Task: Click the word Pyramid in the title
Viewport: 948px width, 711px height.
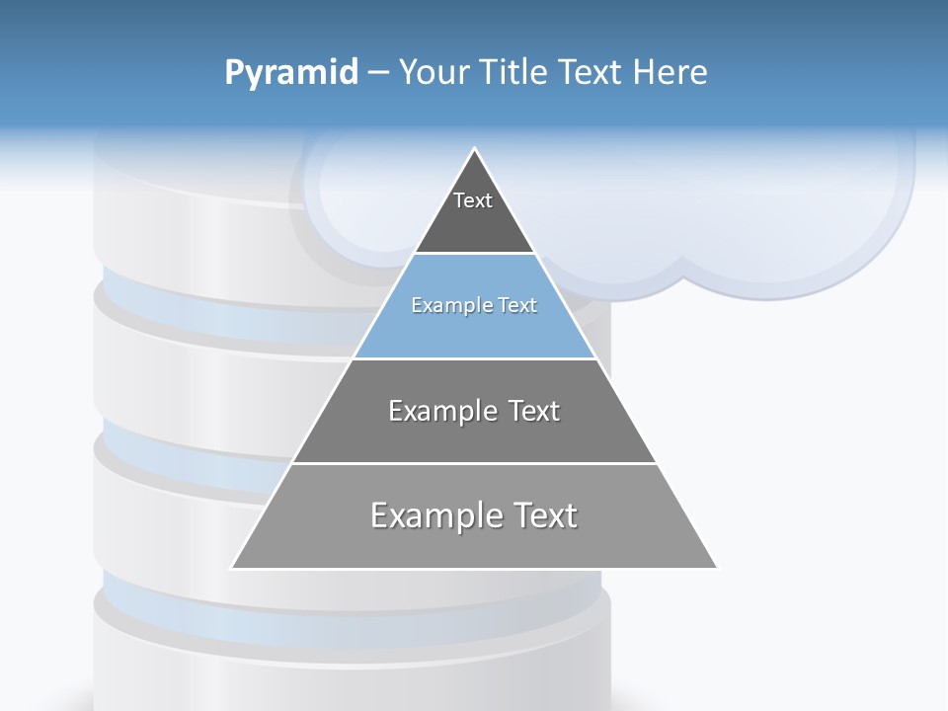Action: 290,73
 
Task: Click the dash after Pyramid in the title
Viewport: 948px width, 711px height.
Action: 377,73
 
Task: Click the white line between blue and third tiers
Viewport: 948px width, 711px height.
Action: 474,358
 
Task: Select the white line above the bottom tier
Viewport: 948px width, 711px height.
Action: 474,463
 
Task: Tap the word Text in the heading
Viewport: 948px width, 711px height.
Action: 590,72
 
